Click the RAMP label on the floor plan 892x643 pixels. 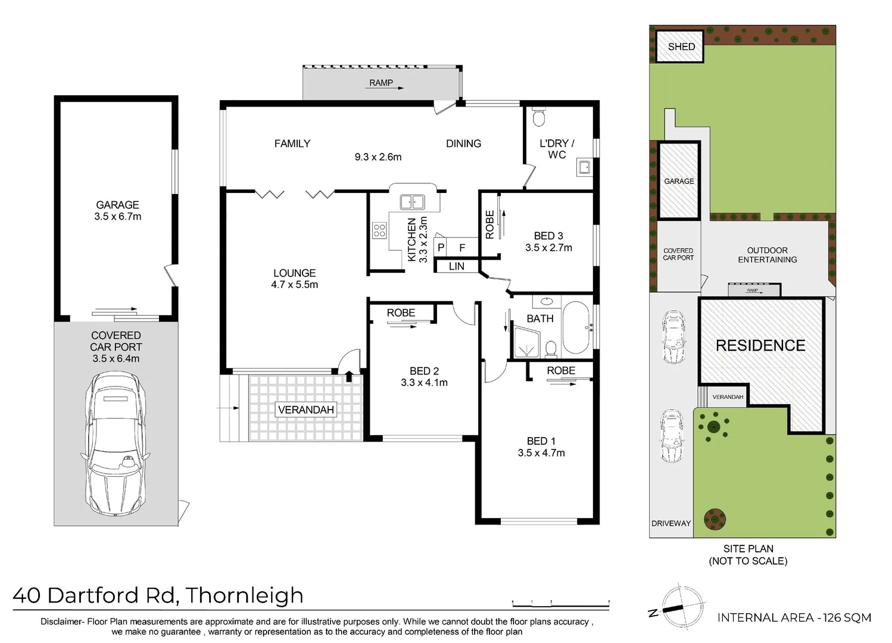pos(381,83)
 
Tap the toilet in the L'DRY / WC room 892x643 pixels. pos(539,117)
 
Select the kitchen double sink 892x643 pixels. pos(412,202)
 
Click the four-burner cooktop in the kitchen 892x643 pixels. pos(379,230)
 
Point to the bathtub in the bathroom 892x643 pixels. pos(576,327)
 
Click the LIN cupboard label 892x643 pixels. pos(457,266)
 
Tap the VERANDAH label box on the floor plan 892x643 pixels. pos(306,410)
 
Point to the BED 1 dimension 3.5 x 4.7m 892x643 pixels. pos(541,453)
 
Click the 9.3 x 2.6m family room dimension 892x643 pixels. pos(378,157)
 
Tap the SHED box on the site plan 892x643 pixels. pos(681,46)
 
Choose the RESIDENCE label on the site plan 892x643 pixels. pos(760,345)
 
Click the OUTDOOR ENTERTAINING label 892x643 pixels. pos(767,255)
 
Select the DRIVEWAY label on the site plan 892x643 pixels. pos(671,523)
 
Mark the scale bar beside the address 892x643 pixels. pos(560,604)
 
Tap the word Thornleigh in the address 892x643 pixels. pos(245,595)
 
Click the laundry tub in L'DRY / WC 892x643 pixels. pos(584,167)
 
